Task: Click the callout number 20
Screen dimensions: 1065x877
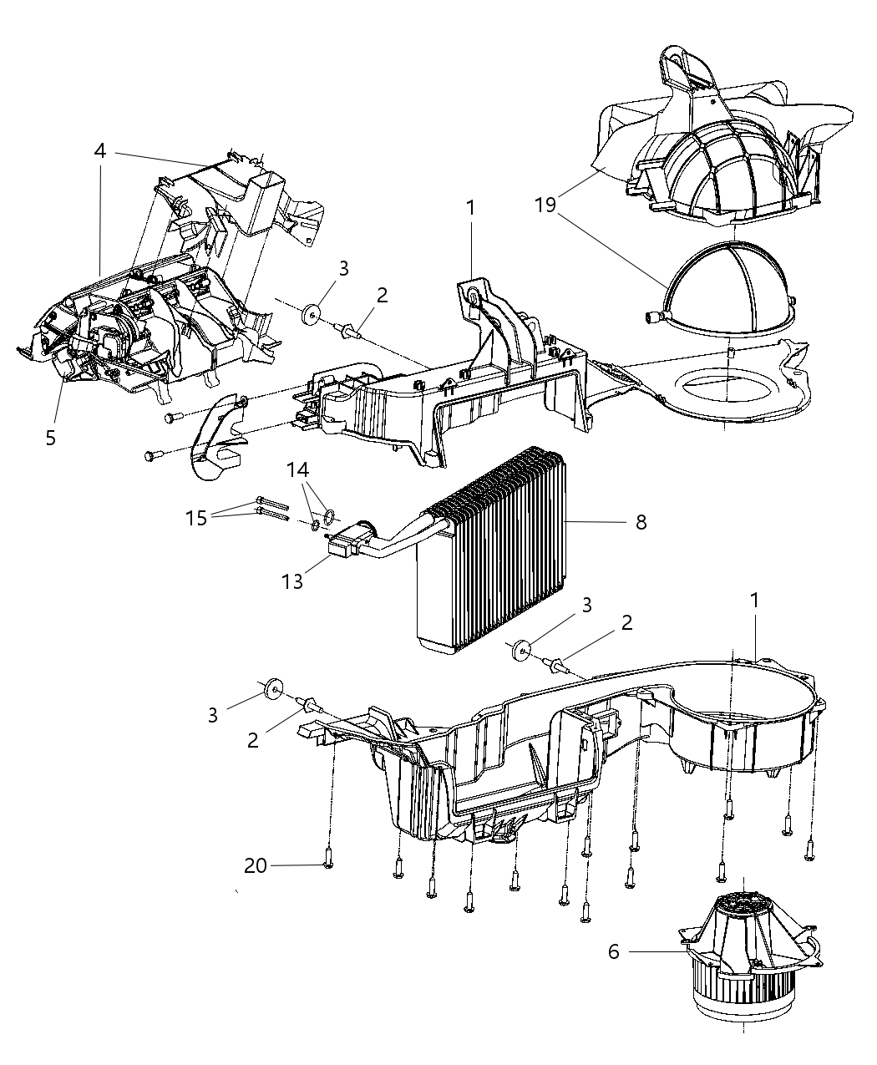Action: pyautogui.click(x=256, y=866)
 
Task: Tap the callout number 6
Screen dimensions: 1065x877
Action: pyautogui.click(x=614, y=951)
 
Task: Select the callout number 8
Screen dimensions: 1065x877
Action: pyautogui.click(x=641, y=522)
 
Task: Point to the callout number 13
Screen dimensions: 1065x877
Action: pyautogui.click(x=292, y=581)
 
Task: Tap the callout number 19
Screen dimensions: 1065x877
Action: pyautogui.click(x=545, y=205)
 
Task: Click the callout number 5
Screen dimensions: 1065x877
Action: pyautogui.click(x=51, y=438)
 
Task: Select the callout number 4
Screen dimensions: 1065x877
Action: pyautogui.click(x=100, y=151)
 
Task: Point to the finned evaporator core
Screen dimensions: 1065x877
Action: pyautogui.click(x=493, y=551)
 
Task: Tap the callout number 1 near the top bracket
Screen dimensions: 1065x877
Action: pyautogui.click(x=470, y=206)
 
